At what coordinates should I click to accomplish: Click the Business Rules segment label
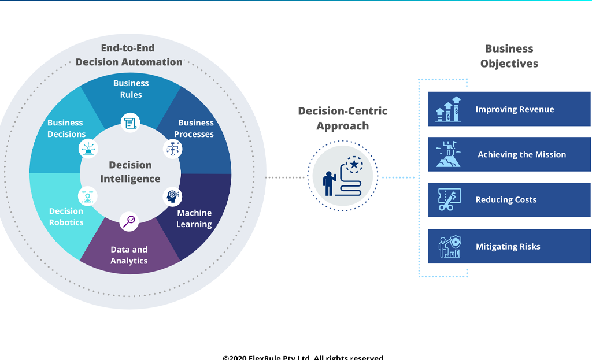(131, 89)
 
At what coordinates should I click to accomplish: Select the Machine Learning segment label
(194, 218)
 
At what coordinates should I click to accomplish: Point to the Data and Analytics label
(129, 255)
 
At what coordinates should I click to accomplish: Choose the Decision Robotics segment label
(66, 217)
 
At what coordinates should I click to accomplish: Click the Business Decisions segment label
(66, 128)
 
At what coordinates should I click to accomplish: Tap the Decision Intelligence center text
(130, 172)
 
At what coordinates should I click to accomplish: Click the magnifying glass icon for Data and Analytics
(129, 221)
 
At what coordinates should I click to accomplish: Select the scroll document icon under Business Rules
(130, 123)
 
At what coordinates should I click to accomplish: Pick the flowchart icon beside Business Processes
(172, 149)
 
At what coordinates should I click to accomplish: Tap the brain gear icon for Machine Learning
(172, 196)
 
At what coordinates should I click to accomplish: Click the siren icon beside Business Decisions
(88, 149)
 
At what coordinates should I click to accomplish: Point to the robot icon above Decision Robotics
(88, 196)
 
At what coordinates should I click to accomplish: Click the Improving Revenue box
(509, 109)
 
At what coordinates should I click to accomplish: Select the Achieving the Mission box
(509, 154)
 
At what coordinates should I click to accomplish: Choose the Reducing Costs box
(509, 200)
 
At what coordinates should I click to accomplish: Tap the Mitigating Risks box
(509, 246)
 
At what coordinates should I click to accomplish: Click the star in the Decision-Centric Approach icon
(354, 165)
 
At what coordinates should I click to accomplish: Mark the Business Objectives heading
(509, 56)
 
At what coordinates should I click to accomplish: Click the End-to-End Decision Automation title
(128, 55)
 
